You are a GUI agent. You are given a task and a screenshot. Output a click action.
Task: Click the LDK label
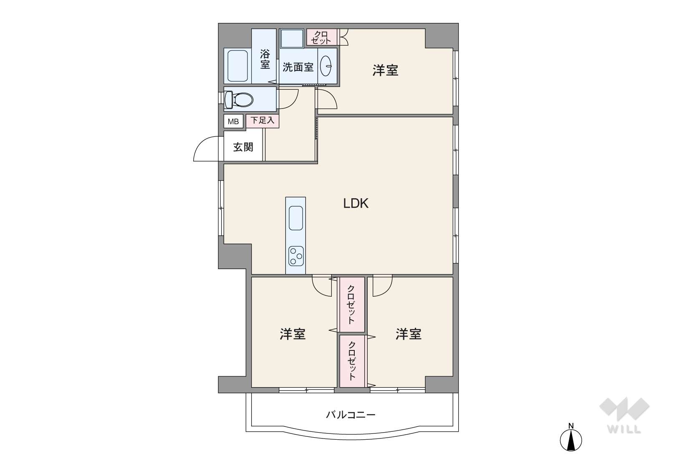pos(356,203)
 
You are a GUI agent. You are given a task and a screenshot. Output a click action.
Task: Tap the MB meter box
pos(233,121)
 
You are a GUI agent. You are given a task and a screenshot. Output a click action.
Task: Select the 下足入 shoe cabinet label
pos(262,120)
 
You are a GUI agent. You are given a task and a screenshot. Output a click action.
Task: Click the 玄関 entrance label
pos(243,147)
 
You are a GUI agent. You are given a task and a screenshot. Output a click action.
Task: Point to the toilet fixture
pos(239,99)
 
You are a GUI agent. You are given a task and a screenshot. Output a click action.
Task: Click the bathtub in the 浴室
pos(237,66)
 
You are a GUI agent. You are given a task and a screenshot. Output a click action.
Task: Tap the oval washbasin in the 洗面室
pos(326,66)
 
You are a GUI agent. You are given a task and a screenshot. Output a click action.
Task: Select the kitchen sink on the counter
pos(295,218)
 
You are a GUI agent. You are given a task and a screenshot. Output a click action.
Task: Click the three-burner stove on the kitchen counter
pos(296,256)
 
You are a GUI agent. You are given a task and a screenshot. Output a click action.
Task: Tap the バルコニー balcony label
pos(351,415)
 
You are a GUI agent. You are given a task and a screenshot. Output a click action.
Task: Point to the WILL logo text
pos(624,429)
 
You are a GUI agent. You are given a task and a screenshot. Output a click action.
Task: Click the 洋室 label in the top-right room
pos(385,71)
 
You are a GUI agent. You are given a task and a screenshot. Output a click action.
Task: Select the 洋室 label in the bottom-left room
pos(293,334)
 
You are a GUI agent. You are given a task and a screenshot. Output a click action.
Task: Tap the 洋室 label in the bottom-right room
pos(409,334)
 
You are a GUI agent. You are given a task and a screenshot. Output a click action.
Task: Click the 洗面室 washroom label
pos(298,67)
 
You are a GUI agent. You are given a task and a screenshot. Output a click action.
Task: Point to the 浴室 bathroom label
pos(265,60)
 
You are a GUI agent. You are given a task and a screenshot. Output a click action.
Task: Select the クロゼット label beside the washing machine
pos(321,37)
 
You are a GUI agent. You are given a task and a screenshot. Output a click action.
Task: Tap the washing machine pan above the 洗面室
pos(292,38)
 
